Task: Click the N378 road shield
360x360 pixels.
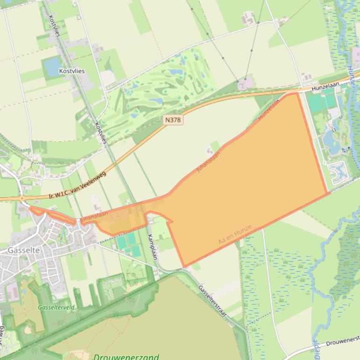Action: point(173,120)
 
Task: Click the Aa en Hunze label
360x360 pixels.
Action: point(235,235)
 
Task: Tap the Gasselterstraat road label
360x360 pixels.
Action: point(212,302)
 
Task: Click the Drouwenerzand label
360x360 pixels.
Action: point(126,357)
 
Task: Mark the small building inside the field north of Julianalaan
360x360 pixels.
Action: point(209,151)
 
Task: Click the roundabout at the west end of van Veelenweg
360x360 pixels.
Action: point(22,198)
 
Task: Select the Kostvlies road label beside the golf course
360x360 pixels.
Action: point(101,133)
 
